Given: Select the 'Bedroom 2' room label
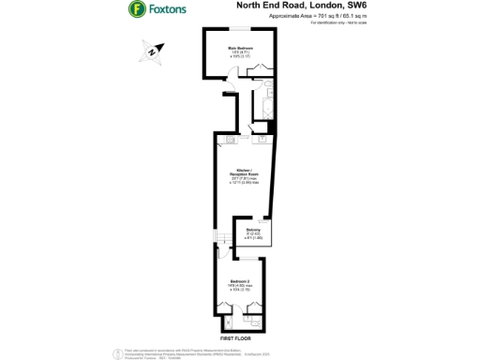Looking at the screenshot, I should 240,281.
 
